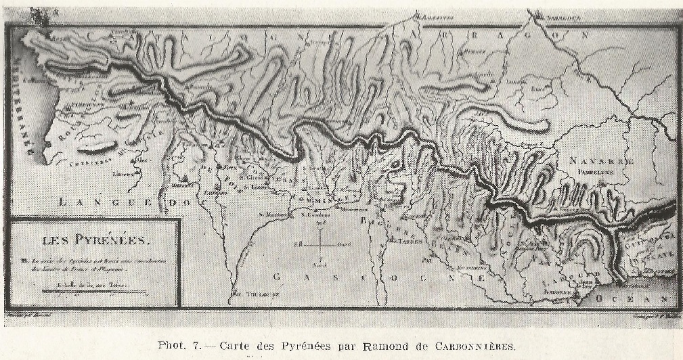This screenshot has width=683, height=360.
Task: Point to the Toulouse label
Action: click(x=247, y=294)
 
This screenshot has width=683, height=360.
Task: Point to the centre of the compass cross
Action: click(x=319, y=244)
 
